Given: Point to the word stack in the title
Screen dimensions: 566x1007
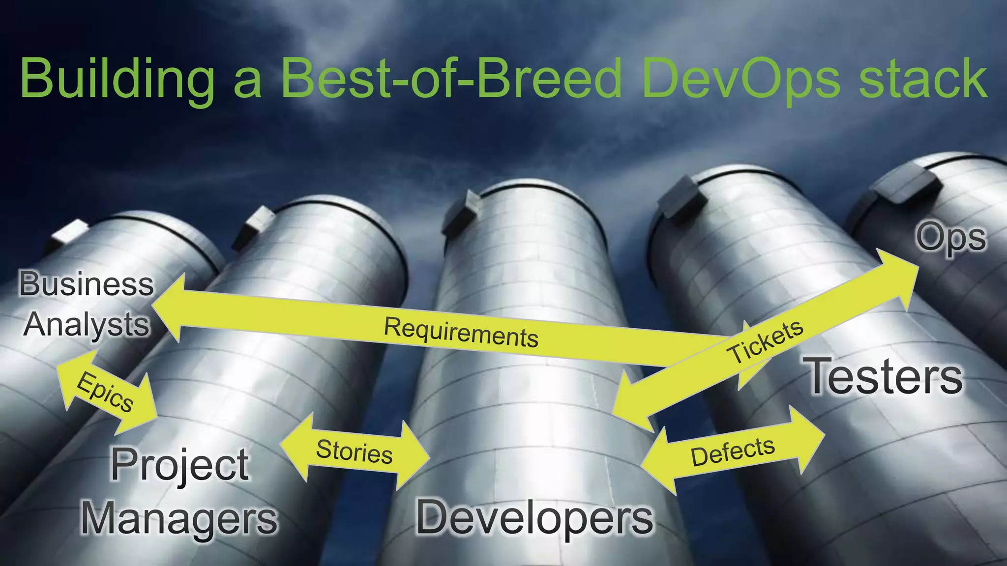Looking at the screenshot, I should tap(923, 79).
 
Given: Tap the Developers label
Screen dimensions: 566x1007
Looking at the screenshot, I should tap(535, 517).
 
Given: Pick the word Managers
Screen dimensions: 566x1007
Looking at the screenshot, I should tap(179, 518).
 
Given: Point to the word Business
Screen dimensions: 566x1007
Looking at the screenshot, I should tap(87, 284).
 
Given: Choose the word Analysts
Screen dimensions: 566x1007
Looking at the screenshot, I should tap(87, 325).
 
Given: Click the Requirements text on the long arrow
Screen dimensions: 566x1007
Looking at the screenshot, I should tap(461, 333).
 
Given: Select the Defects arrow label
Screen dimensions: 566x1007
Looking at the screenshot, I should tap(733, 451).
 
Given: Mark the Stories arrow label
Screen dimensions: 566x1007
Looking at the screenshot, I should tap(354, 451).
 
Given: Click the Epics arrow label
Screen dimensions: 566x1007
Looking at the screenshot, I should tap(105, 392).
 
